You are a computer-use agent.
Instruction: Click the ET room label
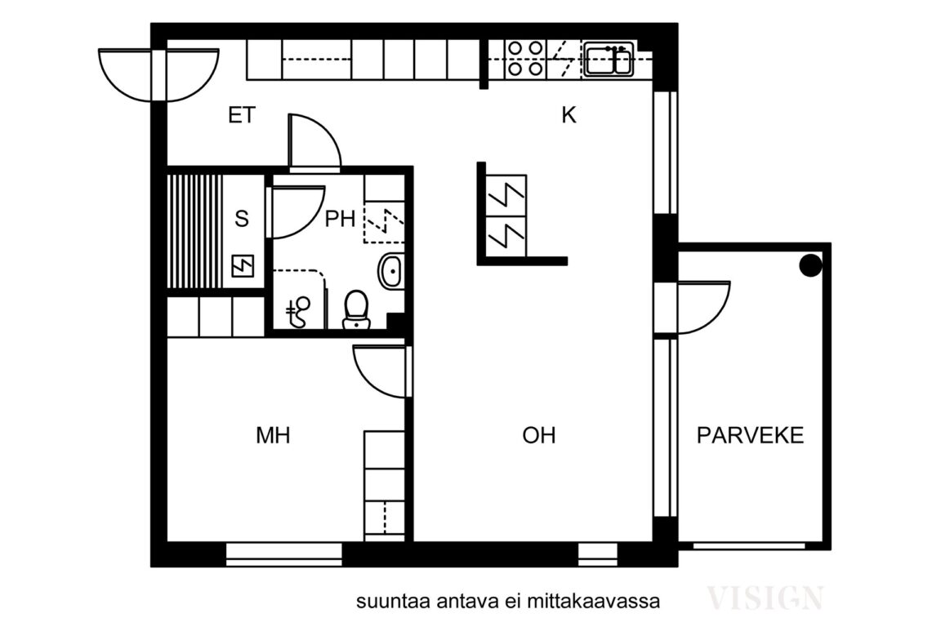[241, 116]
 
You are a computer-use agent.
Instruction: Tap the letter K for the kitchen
[569, 116]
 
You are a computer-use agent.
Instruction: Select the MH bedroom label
[273, 436]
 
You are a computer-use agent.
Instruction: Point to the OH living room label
[539, 436]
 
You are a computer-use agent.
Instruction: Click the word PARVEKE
[750, 436]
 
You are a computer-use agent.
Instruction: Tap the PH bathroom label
[340, 219]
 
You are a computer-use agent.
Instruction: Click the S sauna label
[241, 219]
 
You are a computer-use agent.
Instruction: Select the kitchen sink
[608, 60]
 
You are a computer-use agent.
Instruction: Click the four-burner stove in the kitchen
[524, 59]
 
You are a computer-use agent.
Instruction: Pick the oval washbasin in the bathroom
[390, 270]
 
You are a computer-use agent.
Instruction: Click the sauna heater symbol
[243, 265]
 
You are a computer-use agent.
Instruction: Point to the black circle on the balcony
[809, 265]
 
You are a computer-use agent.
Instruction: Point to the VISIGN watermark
[765, 598]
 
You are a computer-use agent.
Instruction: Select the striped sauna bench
[195, 230]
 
